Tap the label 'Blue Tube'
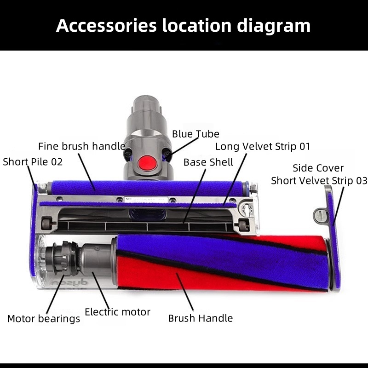point(195,134)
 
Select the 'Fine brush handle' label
point(81,146)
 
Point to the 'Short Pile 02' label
point(33,161)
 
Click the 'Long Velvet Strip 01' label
point(263,146)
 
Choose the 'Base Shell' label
point(208,162)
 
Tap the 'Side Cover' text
point(318,168)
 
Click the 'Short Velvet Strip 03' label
point(319,180)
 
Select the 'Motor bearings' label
point(43,318)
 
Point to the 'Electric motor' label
point(118,312)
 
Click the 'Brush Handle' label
point(200,318)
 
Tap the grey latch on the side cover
point(320,213)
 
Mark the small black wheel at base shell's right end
point(242,224)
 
